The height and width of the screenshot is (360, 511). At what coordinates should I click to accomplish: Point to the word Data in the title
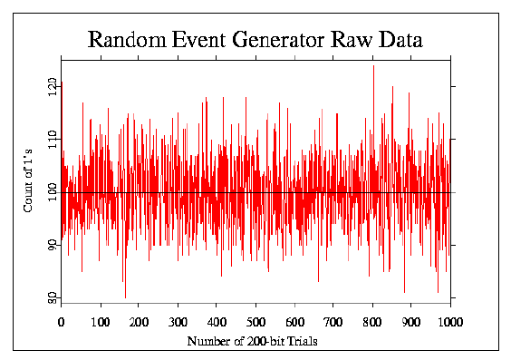point(397,40)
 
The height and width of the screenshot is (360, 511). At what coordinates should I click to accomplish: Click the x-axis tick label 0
point(61,321)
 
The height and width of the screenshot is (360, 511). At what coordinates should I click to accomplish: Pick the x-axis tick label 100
point(100,321)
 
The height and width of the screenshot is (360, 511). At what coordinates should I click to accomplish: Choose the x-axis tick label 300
point(178,321)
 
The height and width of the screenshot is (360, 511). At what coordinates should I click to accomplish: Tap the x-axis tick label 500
point(255,321)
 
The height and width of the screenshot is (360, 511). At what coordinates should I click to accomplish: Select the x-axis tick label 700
point(333,321)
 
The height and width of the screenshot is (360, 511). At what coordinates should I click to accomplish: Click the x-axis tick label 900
point(411,321)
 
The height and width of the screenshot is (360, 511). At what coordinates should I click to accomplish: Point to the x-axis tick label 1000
point(449,321)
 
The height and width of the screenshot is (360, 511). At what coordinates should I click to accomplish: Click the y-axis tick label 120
point(53,86)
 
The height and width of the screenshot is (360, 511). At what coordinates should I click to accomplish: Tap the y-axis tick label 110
point(53,139)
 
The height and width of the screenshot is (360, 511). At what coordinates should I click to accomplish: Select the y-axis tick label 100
point(53,192)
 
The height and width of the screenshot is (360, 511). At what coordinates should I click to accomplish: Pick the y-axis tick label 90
point(53,245)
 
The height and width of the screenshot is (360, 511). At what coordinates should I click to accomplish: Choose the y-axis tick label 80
point(53,297)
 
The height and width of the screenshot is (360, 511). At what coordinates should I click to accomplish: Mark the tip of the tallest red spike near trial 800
point(373,65)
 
